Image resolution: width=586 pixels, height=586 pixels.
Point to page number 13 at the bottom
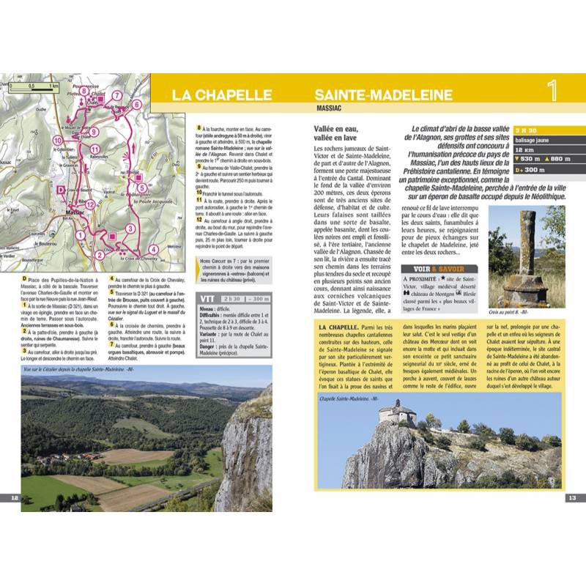point(572,498)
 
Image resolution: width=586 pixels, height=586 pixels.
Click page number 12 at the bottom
point(14,498)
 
